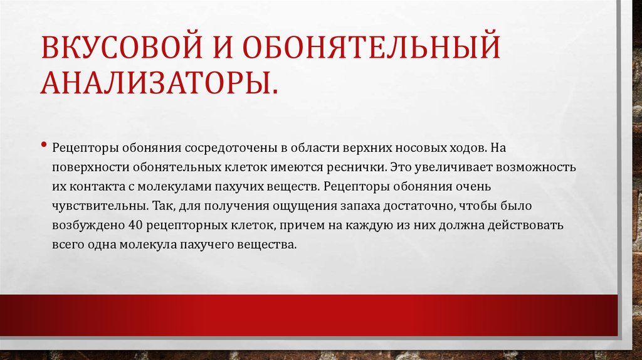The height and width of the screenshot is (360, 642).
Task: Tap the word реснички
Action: click(x=354, y=169)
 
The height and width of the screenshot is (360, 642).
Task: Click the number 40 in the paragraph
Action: click(x=134, y=225)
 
